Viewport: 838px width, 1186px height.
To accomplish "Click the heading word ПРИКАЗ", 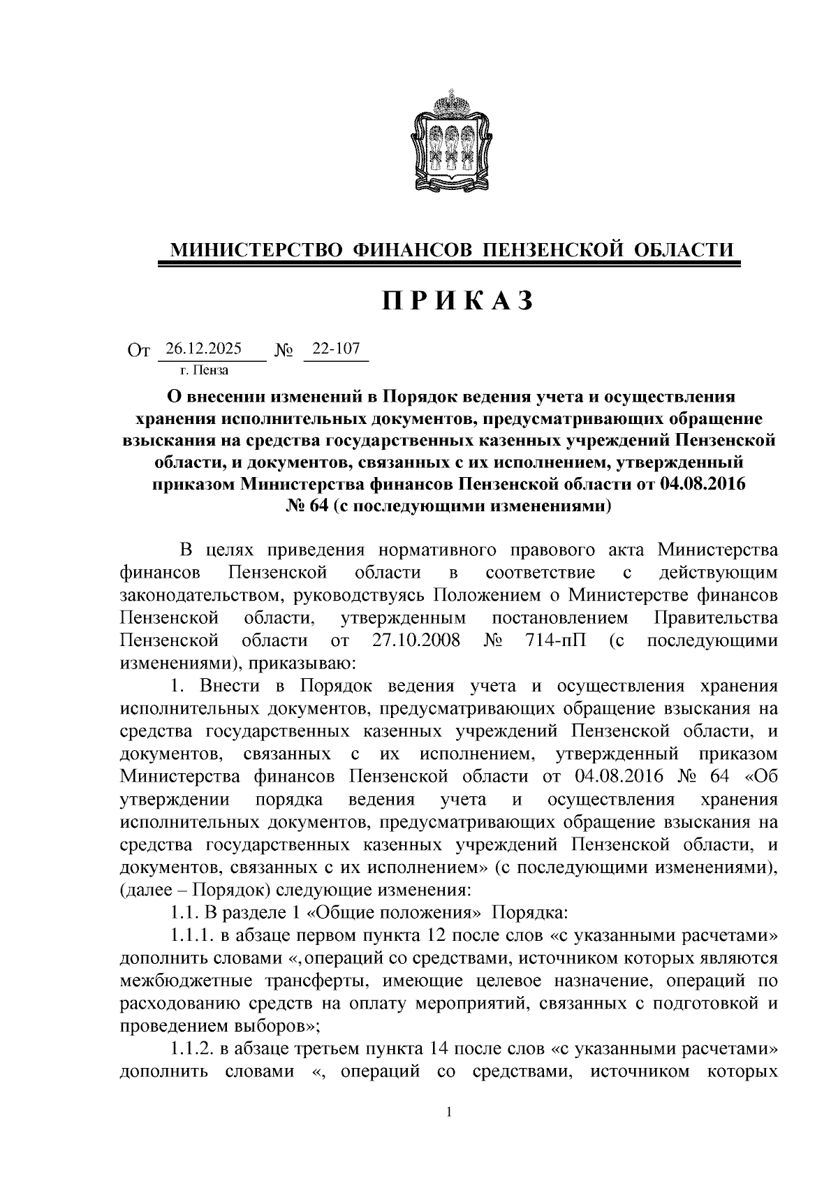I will [x=457, y=300].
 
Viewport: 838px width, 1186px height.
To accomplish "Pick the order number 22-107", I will [x=336, y=349].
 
